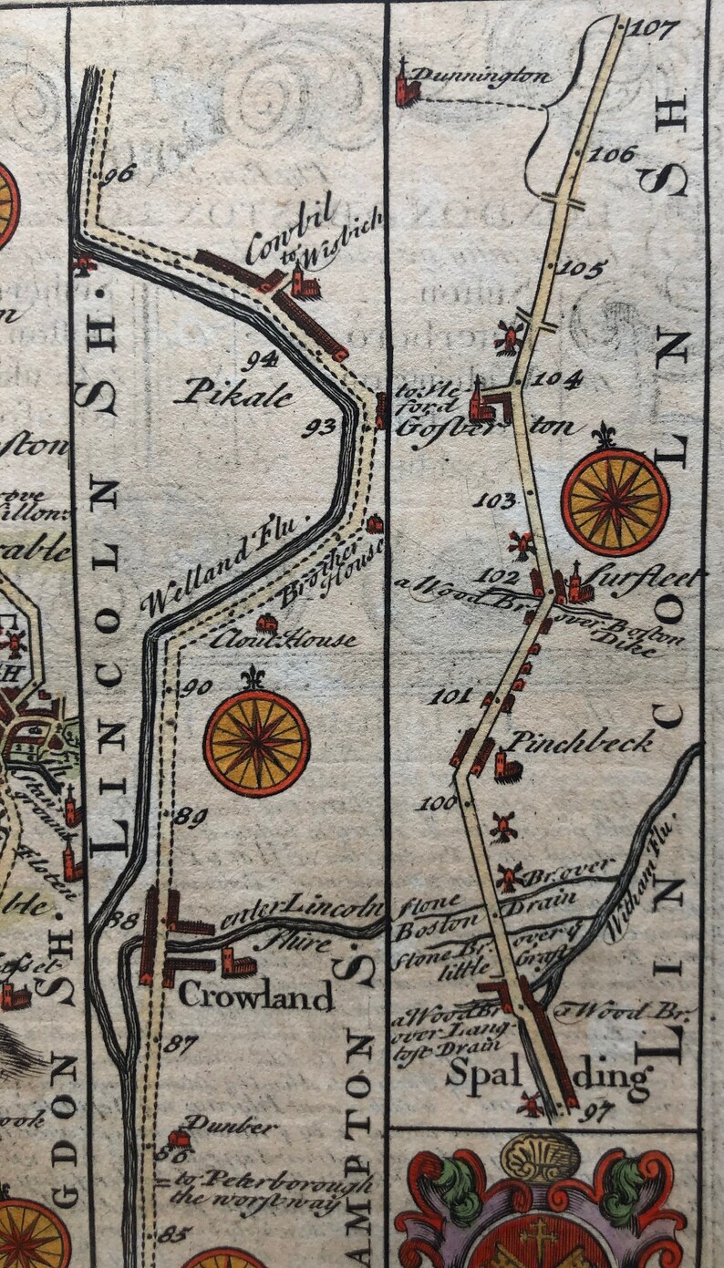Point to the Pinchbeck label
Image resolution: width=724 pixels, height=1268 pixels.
pos(579,741)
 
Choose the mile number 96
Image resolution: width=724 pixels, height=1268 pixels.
pos(119,172)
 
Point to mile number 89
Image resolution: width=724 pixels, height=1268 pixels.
pos(190,817)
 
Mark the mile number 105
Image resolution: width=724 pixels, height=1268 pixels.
pos(580,268)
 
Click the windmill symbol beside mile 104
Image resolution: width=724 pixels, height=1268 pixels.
pos(507,337)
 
